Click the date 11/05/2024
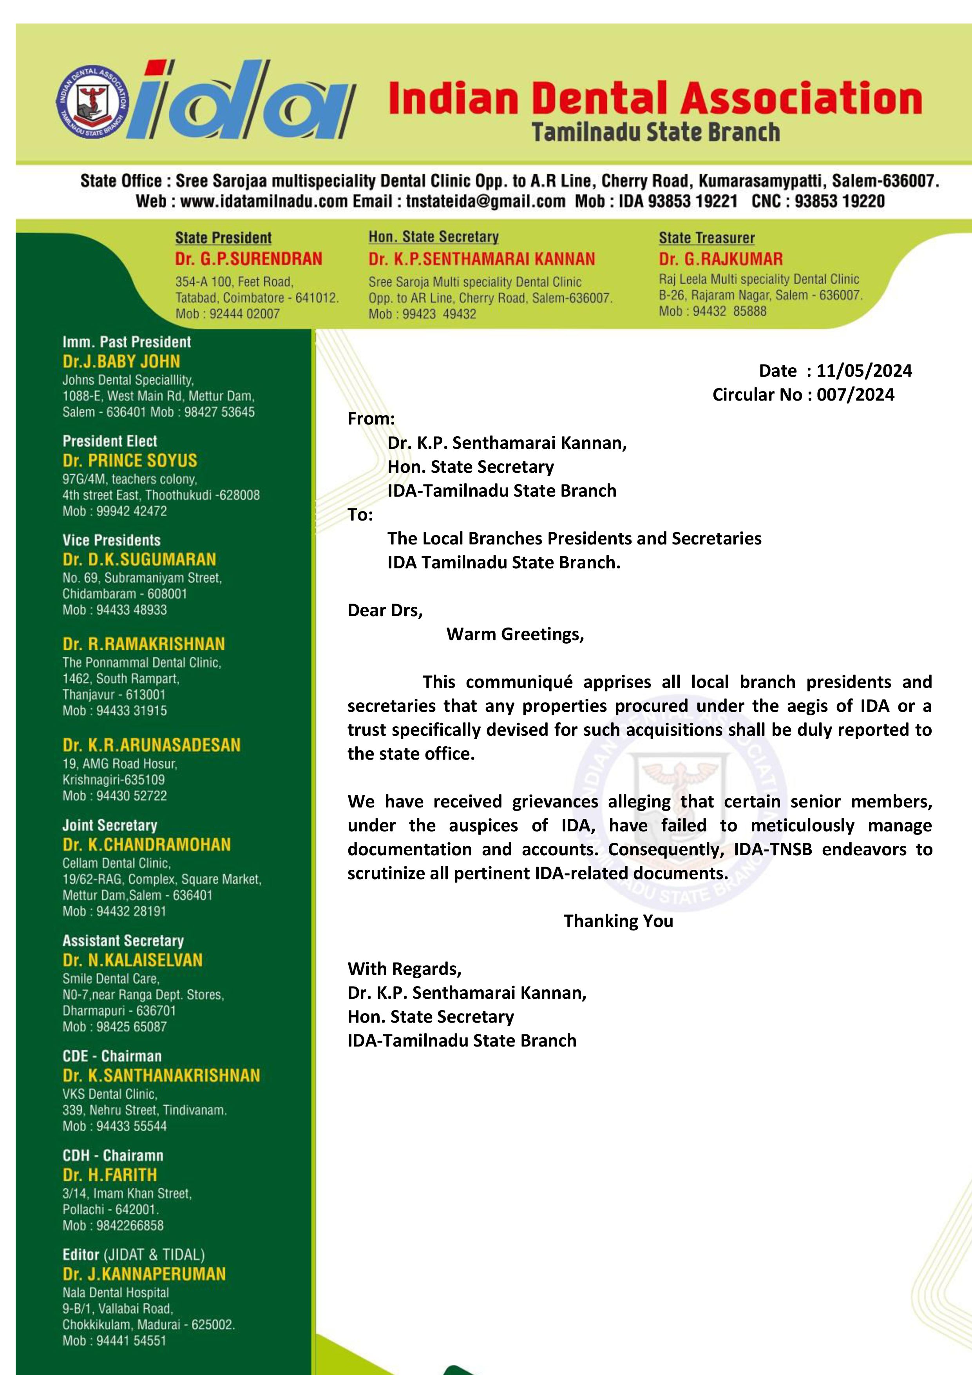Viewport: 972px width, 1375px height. pyautogui.click(x=863, y=371)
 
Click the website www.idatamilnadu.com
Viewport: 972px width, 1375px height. pyautogui.click(x=263, y=201)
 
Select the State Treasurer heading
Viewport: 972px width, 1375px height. pyautogui.click(x=706, y=238)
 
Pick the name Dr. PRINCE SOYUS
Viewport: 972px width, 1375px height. pyautogui.click(x=130, y=461)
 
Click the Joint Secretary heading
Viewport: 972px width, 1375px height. pyautogui.click(x=110, y=825)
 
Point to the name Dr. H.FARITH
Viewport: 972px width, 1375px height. pyautogui.click(x=110, y=1175)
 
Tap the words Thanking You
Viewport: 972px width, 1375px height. pyautogui.click(x=618, y=921)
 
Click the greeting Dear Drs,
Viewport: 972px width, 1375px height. pyautogui.click(x=385, y=610)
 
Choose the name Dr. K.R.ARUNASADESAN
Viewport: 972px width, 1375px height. pyautogui.click(x=152, y=745)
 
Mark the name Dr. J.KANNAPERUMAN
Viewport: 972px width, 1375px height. pyautogui.click(x=144, y=1274)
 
